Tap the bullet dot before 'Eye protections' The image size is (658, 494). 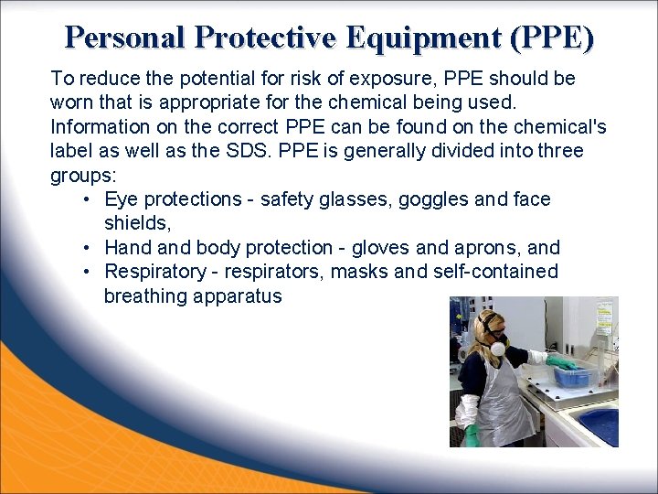point(85,199)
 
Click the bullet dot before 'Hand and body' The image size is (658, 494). point(85,248)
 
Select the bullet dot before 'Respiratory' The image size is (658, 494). point(85,272)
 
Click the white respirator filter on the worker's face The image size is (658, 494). point(497,348)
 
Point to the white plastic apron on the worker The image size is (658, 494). point(503,403)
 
